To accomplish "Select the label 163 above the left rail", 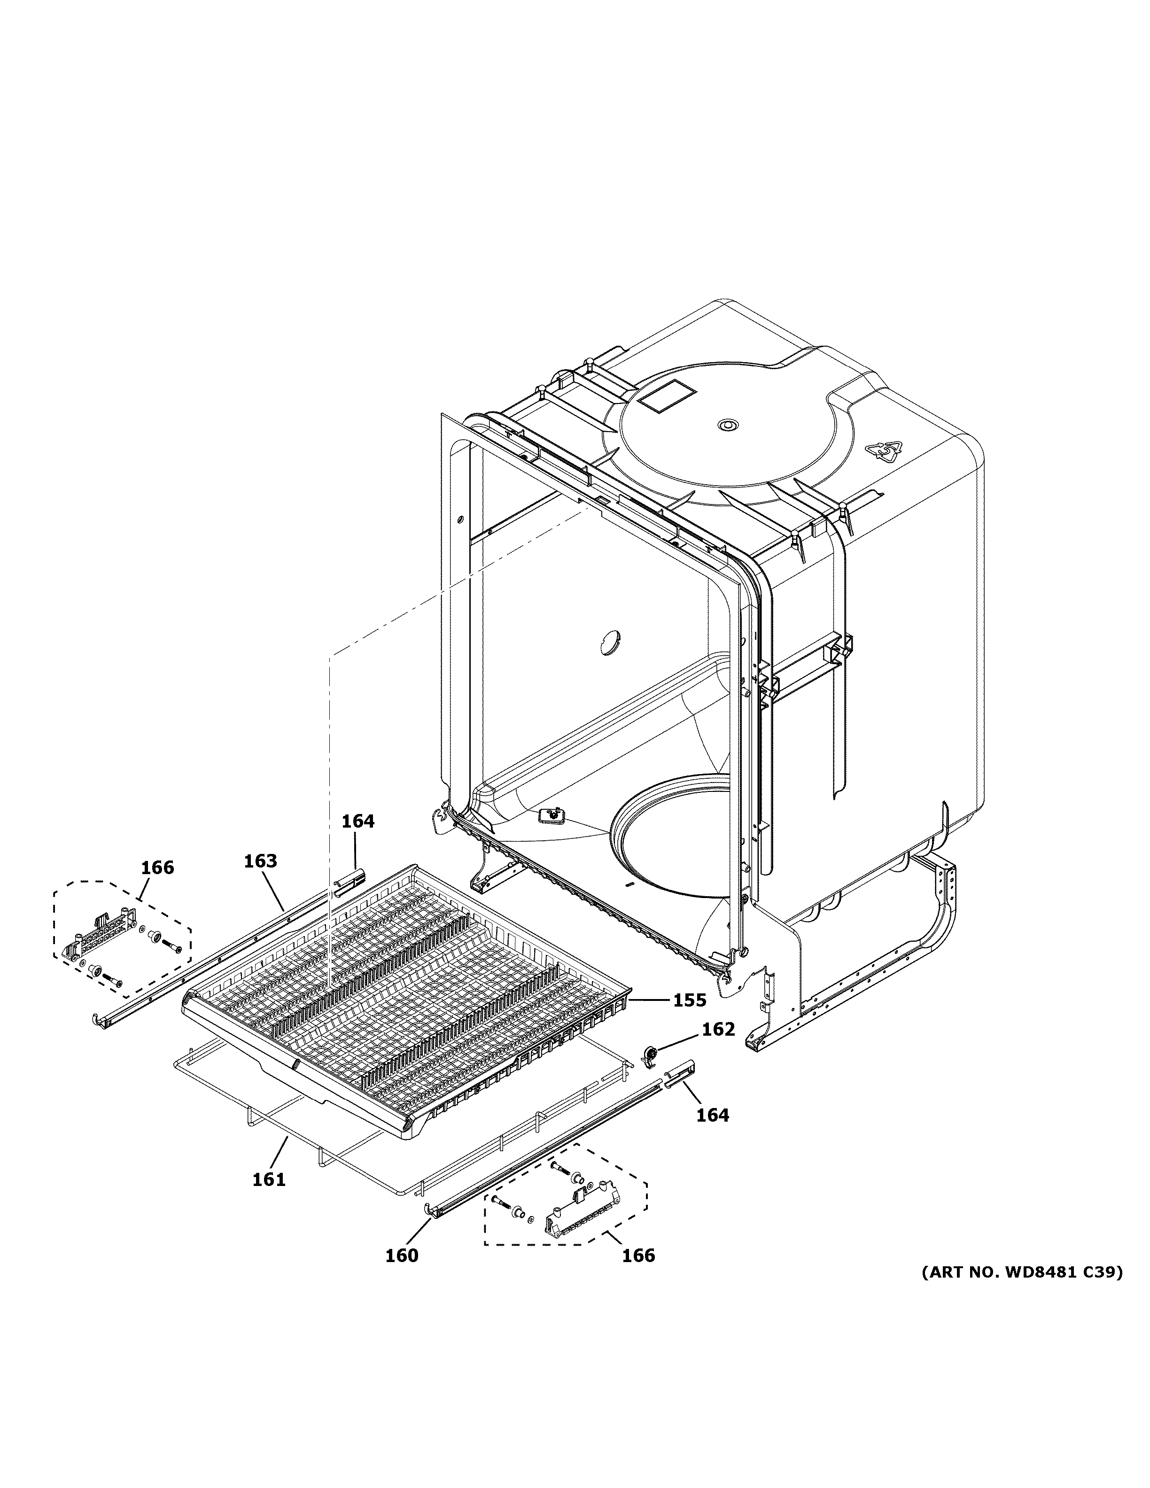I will click(x=260, y=861).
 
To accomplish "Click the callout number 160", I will click(x=402, y=1255).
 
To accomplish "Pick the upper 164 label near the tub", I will click(x=357, y=821).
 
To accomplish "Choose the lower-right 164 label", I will click(x=713, y=1116).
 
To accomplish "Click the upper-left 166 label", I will click(x=157, y=868).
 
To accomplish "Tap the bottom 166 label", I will click(x=638, y=1255).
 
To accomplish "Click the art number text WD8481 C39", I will click(x=1022, y=1272).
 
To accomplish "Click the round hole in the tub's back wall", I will click(x=609, y=643).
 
